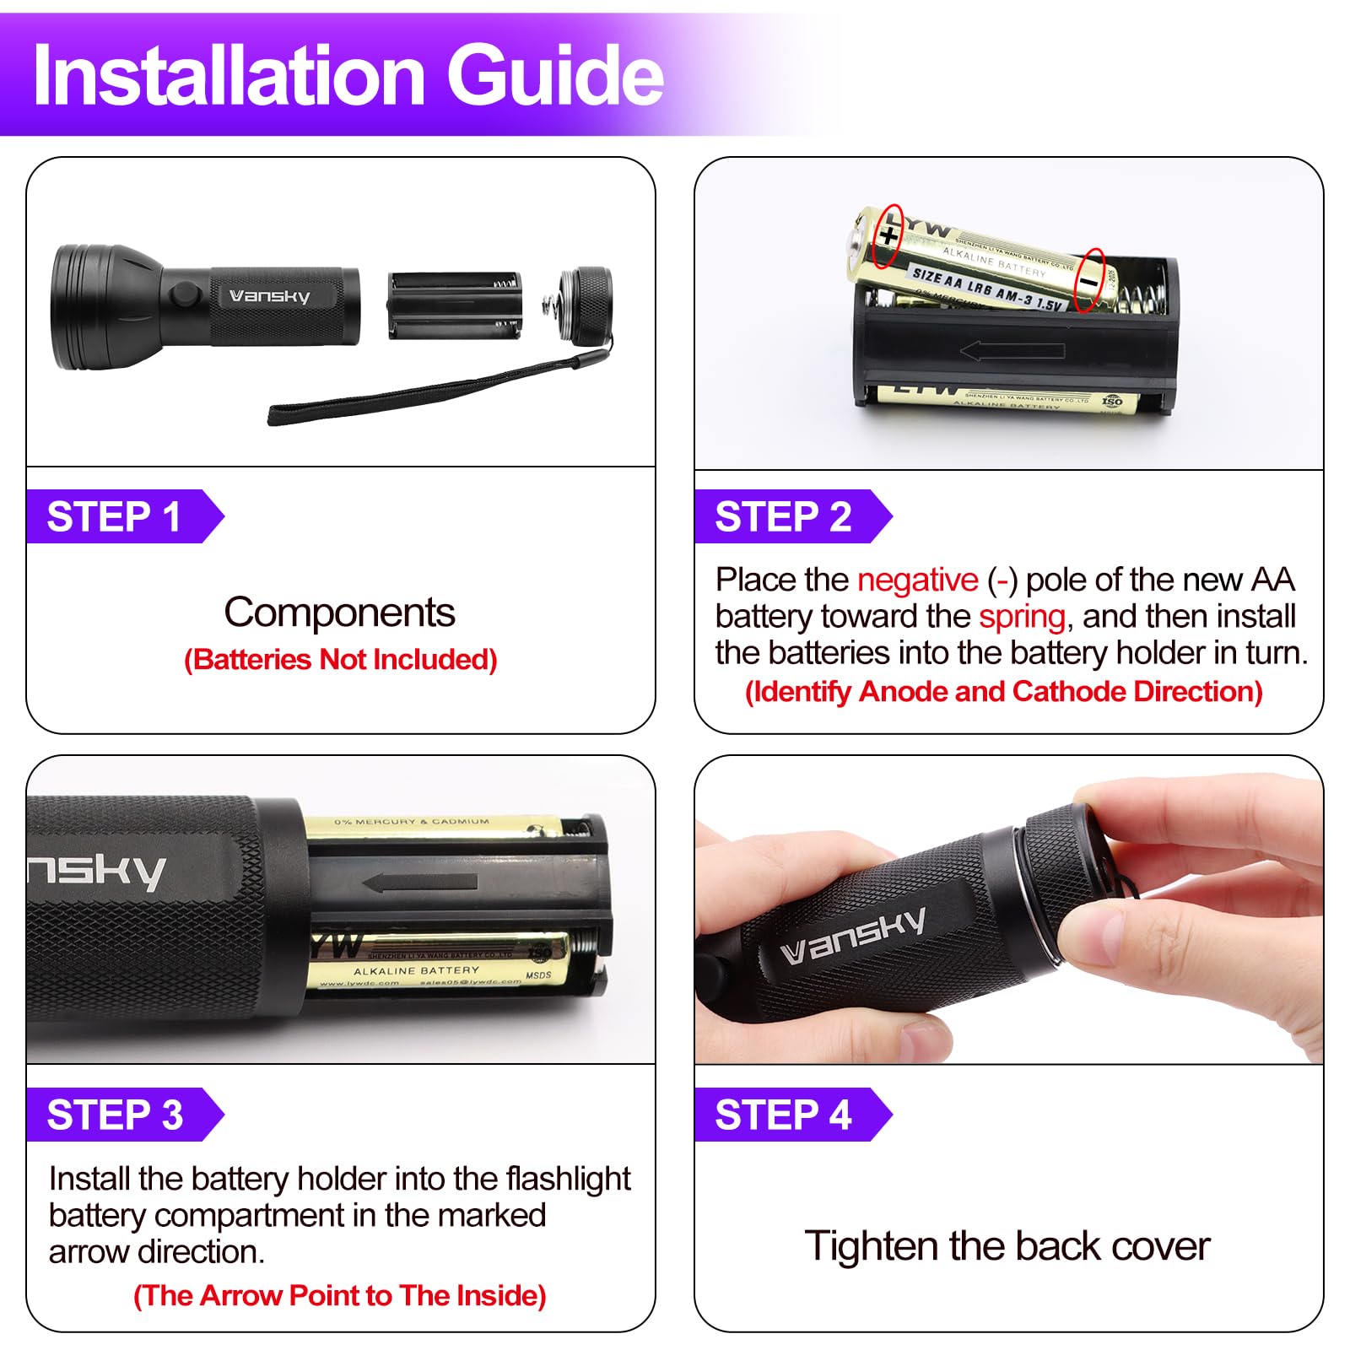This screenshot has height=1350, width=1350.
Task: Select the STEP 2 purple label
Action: tap(784, 516)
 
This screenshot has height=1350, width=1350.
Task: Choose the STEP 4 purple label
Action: tap(784, 1115)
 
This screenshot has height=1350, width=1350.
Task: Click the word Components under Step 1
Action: tap(339, 613)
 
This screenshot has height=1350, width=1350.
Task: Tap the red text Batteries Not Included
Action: tap(340, 660)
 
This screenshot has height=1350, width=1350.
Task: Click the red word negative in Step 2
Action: tap(917, 580)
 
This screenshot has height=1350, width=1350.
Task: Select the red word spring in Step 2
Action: tap(1022, 617)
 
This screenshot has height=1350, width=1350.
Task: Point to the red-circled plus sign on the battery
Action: tap(888, 235)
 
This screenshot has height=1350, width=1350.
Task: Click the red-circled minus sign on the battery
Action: tap(1090, 281)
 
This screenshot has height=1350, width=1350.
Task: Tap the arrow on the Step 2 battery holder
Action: tap(1012, 350)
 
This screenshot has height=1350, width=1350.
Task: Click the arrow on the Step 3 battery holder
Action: tap(419, 883)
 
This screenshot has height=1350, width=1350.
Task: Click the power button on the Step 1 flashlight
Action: tap(182, 295)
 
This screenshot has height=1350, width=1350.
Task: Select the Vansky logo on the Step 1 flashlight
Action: tap(270, 296)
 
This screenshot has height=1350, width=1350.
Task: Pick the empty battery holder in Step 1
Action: tap(454, 305)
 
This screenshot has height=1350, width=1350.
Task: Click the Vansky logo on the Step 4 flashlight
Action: tap(852, 937)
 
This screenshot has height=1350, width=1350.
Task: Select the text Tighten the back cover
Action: tap(1007, 1246)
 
